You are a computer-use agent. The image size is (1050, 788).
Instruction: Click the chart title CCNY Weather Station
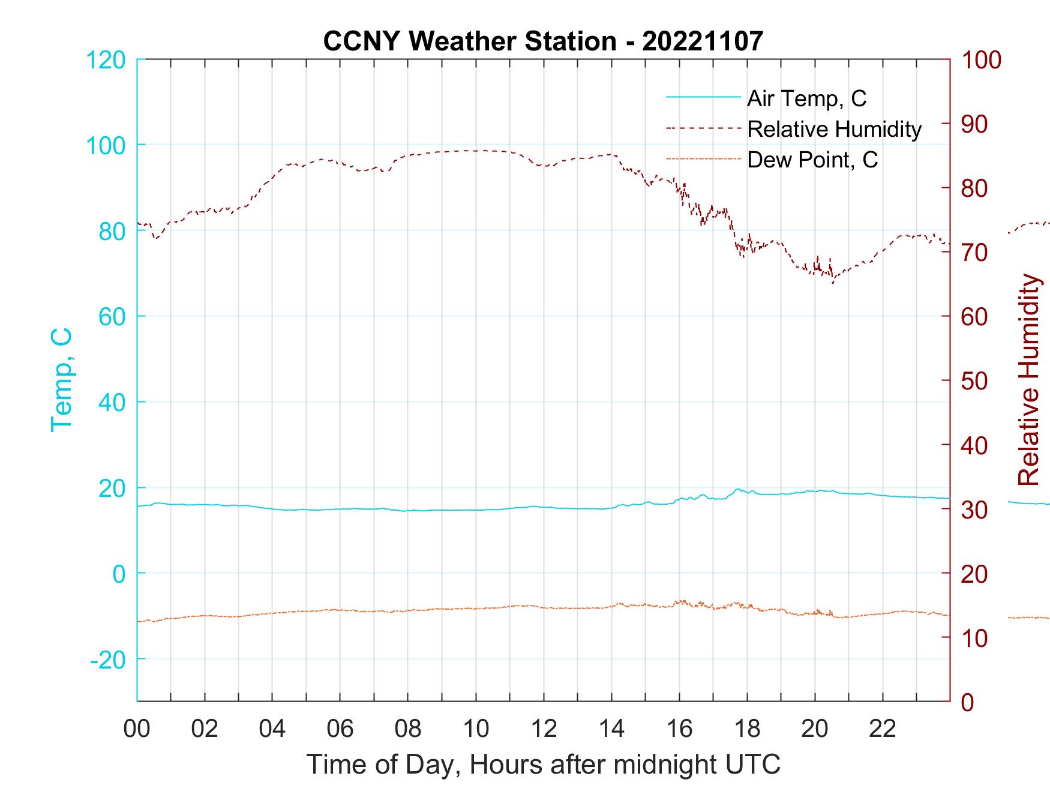[x=469, y=41]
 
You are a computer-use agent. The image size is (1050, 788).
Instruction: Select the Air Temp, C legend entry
[x=806, y=98]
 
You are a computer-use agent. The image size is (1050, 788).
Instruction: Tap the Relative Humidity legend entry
[x=833, y=129]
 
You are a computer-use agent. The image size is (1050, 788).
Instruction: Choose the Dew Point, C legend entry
[x=812, y=160]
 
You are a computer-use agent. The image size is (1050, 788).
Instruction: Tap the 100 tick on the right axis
[x=982, y=60]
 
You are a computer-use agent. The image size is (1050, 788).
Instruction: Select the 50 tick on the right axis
[x=976, y=381]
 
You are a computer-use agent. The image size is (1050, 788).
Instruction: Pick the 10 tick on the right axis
[x=976, y=638]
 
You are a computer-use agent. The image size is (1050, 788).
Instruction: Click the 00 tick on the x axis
[x=137, y=729]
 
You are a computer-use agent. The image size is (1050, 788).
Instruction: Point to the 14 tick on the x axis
[x=611, y=729]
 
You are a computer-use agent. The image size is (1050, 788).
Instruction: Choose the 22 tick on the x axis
[x=883, y=729]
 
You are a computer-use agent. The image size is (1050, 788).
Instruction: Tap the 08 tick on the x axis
[x=408, y=729]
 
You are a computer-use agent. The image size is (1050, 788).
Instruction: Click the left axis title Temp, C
[x=62, y=380]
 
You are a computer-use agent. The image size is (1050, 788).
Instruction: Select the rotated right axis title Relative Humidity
[x=1028, y=380]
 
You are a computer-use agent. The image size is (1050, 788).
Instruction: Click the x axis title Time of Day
[x=544, y=764]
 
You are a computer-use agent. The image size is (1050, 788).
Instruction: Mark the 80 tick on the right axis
[x=976, y=188]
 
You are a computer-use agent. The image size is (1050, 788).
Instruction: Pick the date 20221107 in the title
[x=702, y=41]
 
